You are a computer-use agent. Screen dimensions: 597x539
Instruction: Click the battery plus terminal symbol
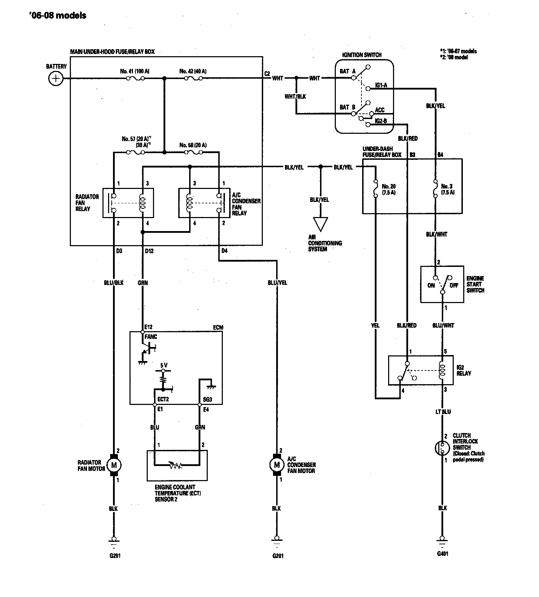[55, 78]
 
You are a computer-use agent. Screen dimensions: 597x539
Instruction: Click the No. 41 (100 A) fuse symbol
[135, 78]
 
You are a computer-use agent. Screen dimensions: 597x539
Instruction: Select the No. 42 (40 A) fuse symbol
[193, 78]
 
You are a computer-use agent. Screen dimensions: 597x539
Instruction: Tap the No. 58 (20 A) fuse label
[193, 145]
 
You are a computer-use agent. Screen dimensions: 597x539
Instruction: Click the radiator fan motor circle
[114, 466]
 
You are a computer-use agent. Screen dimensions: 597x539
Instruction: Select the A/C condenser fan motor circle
[277, 465]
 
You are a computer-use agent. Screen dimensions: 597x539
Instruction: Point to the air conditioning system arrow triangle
[320, 224]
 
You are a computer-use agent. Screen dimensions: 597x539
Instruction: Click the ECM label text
[218, 327]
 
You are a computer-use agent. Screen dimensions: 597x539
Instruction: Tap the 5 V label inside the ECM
[164, 365]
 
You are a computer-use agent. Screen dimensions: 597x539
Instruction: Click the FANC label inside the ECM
[151, 337]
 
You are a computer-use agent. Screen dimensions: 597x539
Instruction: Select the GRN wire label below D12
[143, 283]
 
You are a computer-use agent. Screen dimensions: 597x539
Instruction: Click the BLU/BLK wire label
[114, 283]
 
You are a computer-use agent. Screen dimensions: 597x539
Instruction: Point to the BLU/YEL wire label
[277, 283]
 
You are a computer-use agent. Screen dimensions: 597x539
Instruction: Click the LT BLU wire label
[443, 412]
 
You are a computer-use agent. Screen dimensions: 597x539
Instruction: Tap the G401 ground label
[442, 554]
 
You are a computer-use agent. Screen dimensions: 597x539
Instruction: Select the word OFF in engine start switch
[454, 285]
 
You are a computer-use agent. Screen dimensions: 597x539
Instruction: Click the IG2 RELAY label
[464, 370]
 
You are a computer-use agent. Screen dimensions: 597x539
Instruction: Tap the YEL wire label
[375, 326]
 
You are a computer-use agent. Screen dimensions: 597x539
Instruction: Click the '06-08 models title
[58, 15]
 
